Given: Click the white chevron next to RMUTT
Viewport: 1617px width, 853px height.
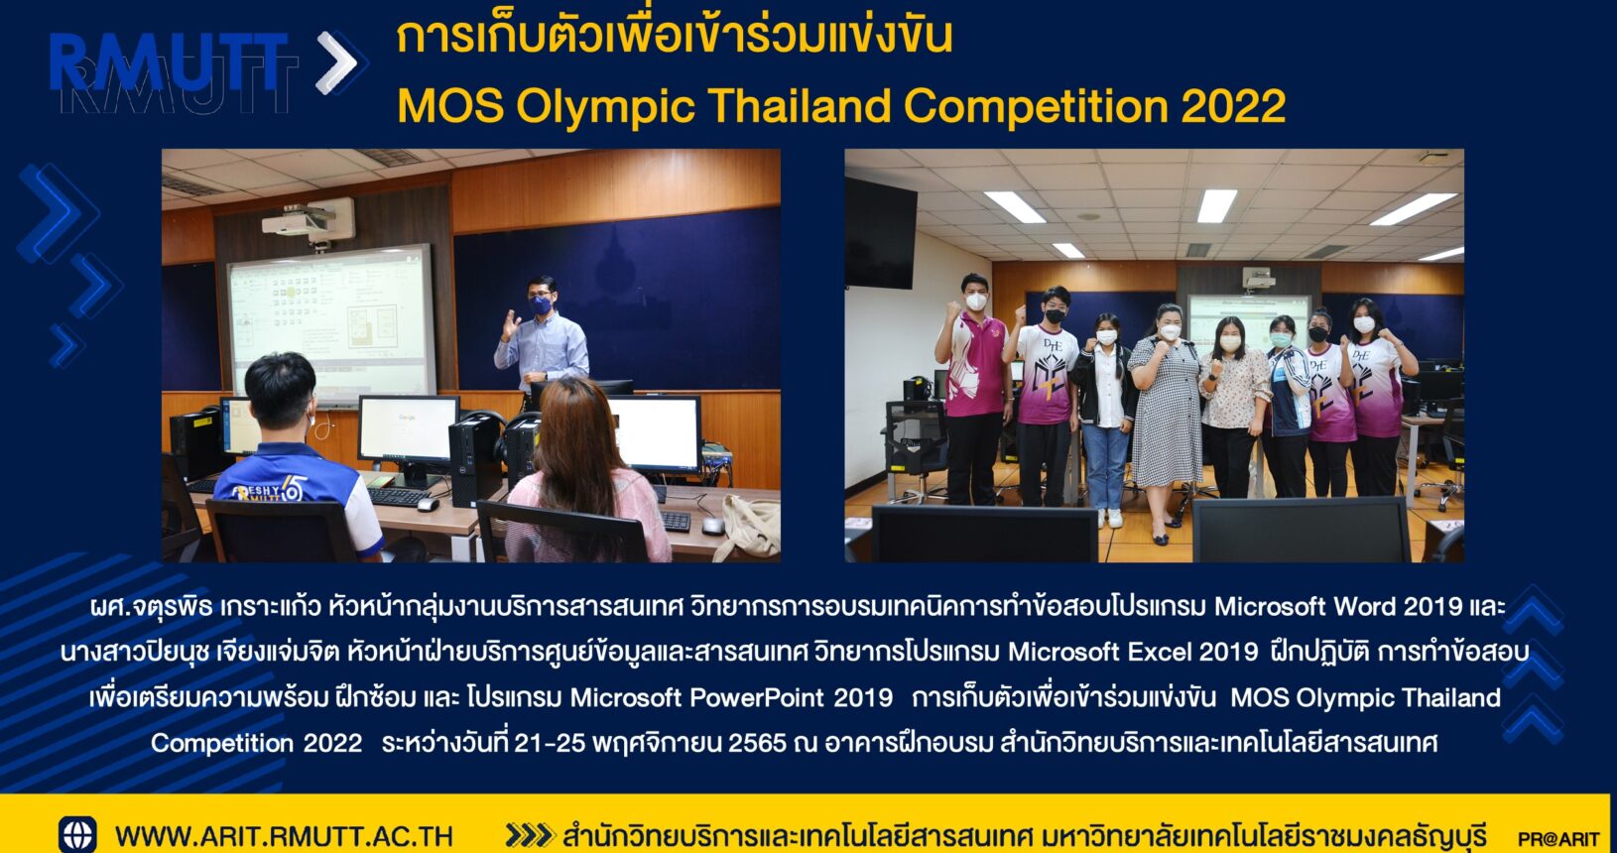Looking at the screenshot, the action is (x=336, y=62).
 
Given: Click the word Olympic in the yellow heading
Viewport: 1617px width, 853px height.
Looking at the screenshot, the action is (x=605, y=108).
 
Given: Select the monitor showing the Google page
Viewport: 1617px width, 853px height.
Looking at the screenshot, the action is (x=409, y=430).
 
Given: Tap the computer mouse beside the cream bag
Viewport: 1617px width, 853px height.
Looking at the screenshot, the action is (x=713, y=526).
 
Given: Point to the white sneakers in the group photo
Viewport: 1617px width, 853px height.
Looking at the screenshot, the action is (x=1109, y=518).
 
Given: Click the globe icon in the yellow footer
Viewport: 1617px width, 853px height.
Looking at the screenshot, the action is (x=77, y=834).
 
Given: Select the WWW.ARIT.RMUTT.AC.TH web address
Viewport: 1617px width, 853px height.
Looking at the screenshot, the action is (x=284, y=836).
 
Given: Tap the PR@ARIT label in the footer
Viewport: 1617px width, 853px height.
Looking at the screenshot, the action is (x=1558, y=838).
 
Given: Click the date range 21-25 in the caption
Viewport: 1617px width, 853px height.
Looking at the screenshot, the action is (x=550, y=743).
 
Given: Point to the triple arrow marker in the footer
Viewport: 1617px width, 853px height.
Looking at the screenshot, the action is (x=529, y=835).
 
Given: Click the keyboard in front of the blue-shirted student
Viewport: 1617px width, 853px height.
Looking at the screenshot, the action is (x=399, y=496).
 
